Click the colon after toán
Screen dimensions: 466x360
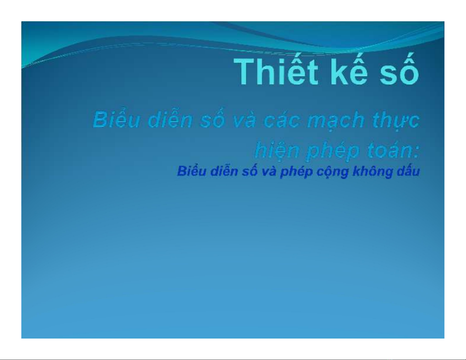point(416,153)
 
